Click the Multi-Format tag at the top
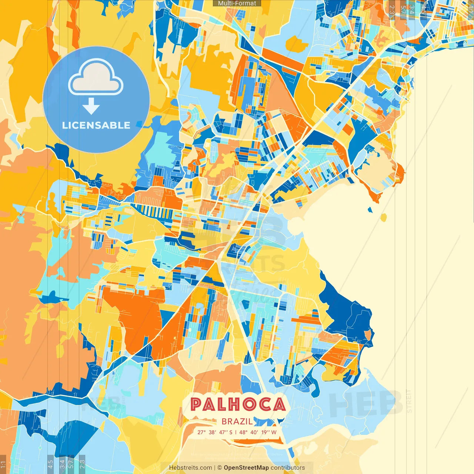coord(237,3)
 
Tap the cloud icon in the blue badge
coord(96,77)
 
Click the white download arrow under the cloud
coord(91,107)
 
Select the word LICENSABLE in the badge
coord(96,125)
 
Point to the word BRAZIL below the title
coord(237,421)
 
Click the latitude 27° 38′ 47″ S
coord(215,432)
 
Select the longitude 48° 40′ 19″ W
coord(258,432)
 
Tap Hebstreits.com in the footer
coord(190,468)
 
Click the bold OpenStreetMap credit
coord(246,468)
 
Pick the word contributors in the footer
coord(288,468)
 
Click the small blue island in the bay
coord(370,210)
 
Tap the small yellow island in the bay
coord(383,217)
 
